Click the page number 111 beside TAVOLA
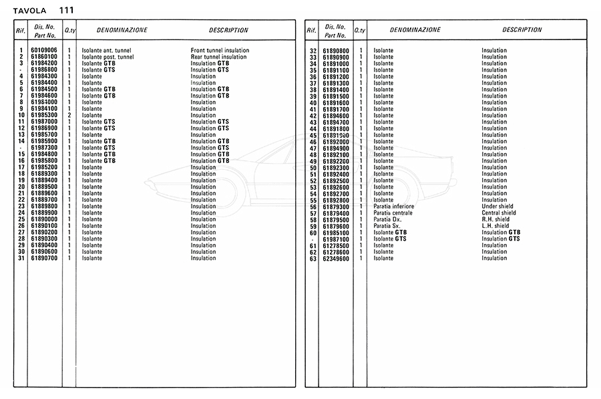click(x=66, y=10)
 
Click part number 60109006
click(x=43, y=50)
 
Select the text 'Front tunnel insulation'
click(x=220, y=50)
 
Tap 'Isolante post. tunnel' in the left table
click(x=108, y=57)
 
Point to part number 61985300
click(x=43, y=115)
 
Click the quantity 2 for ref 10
click(x=69, y=115)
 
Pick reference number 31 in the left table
click(x=21, y=258)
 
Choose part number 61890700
click(x=43, y=258)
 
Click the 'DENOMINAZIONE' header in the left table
click(x=122, y=30)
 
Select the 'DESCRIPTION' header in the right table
click(x=522, y=30)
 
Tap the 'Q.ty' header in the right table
click(x=360, y=31)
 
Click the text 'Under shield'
click(x=497, y=207)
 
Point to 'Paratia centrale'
click(x=393, y=213)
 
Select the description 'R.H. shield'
click(x=495, y=219)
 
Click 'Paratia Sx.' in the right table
click(x=387, y=226)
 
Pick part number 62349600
click(x=336, y=258)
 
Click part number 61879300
click(x=336, y=207)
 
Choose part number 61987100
click(x=336, y=239)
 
